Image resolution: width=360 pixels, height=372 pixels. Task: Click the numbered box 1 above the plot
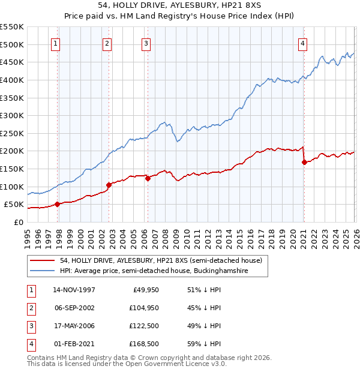(55, 43)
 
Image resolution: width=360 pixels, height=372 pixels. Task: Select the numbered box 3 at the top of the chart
(146, 43)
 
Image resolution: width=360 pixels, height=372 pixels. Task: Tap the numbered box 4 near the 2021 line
(303, 43)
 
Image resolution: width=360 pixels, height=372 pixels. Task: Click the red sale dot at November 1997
(58, 204)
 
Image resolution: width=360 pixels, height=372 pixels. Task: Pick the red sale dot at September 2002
(109, 185)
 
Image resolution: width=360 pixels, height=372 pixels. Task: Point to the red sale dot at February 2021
(304, 162)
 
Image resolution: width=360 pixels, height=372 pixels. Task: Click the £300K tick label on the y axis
(12, 115)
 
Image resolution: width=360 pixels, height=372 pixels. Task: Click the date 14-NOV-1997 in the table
(74, 290)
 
